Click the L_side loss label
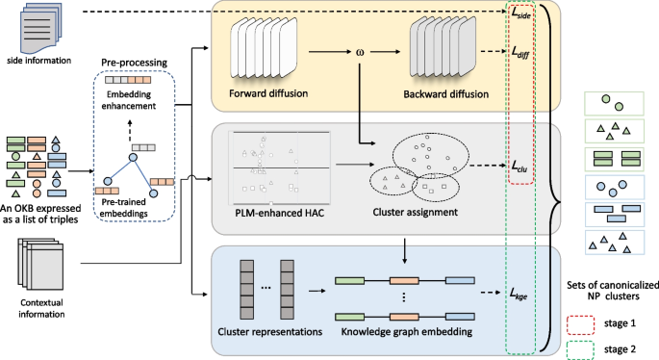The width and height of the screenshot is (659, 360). tap(521, 14)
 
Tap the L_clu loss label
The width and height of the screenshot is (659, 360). tap(521, 167)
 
